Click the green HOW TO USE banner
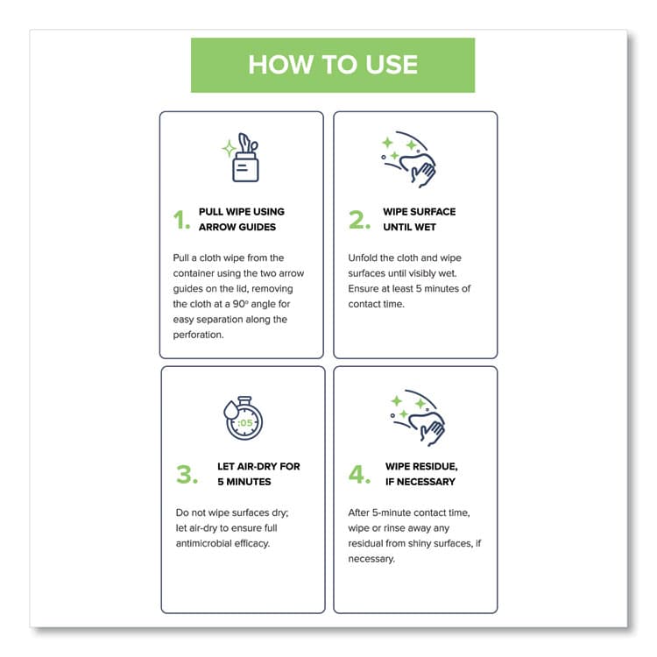(333, 65)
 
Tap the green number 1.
(181, 220)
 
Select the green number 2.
(359, 220)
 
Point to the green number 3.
(187, 475)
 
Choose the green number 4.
(360, 475)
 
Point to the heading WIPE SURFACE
(419, 212)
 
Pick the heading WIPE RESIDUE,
(420, 466)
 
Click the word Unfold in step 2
(365, 258)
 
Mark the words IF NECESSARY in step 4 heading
(420, 482)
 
